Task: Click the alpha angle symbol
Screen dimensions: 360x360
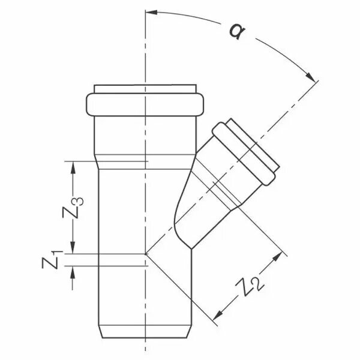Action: [x=237, y=31]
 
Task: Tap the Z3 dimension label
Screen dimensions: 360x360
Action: [x=73, y=208]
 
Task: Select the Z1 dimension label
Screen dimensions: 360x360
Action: [x=52, y=260]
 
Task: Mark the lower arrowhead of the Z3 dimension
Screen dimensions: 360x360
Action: [x=73, y=248]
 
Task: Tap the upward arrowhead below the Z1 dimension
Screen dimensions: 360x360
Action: [x=73, y=272]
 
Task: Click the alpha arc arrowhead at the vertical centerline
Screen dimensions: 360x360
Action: [x=152, y=12]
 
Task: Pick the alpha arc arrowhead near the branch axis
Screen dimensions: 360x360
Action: [x=310, y=77]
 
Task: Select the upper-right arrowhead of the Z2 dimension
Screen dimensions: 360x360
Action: [x=277, y=257]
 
